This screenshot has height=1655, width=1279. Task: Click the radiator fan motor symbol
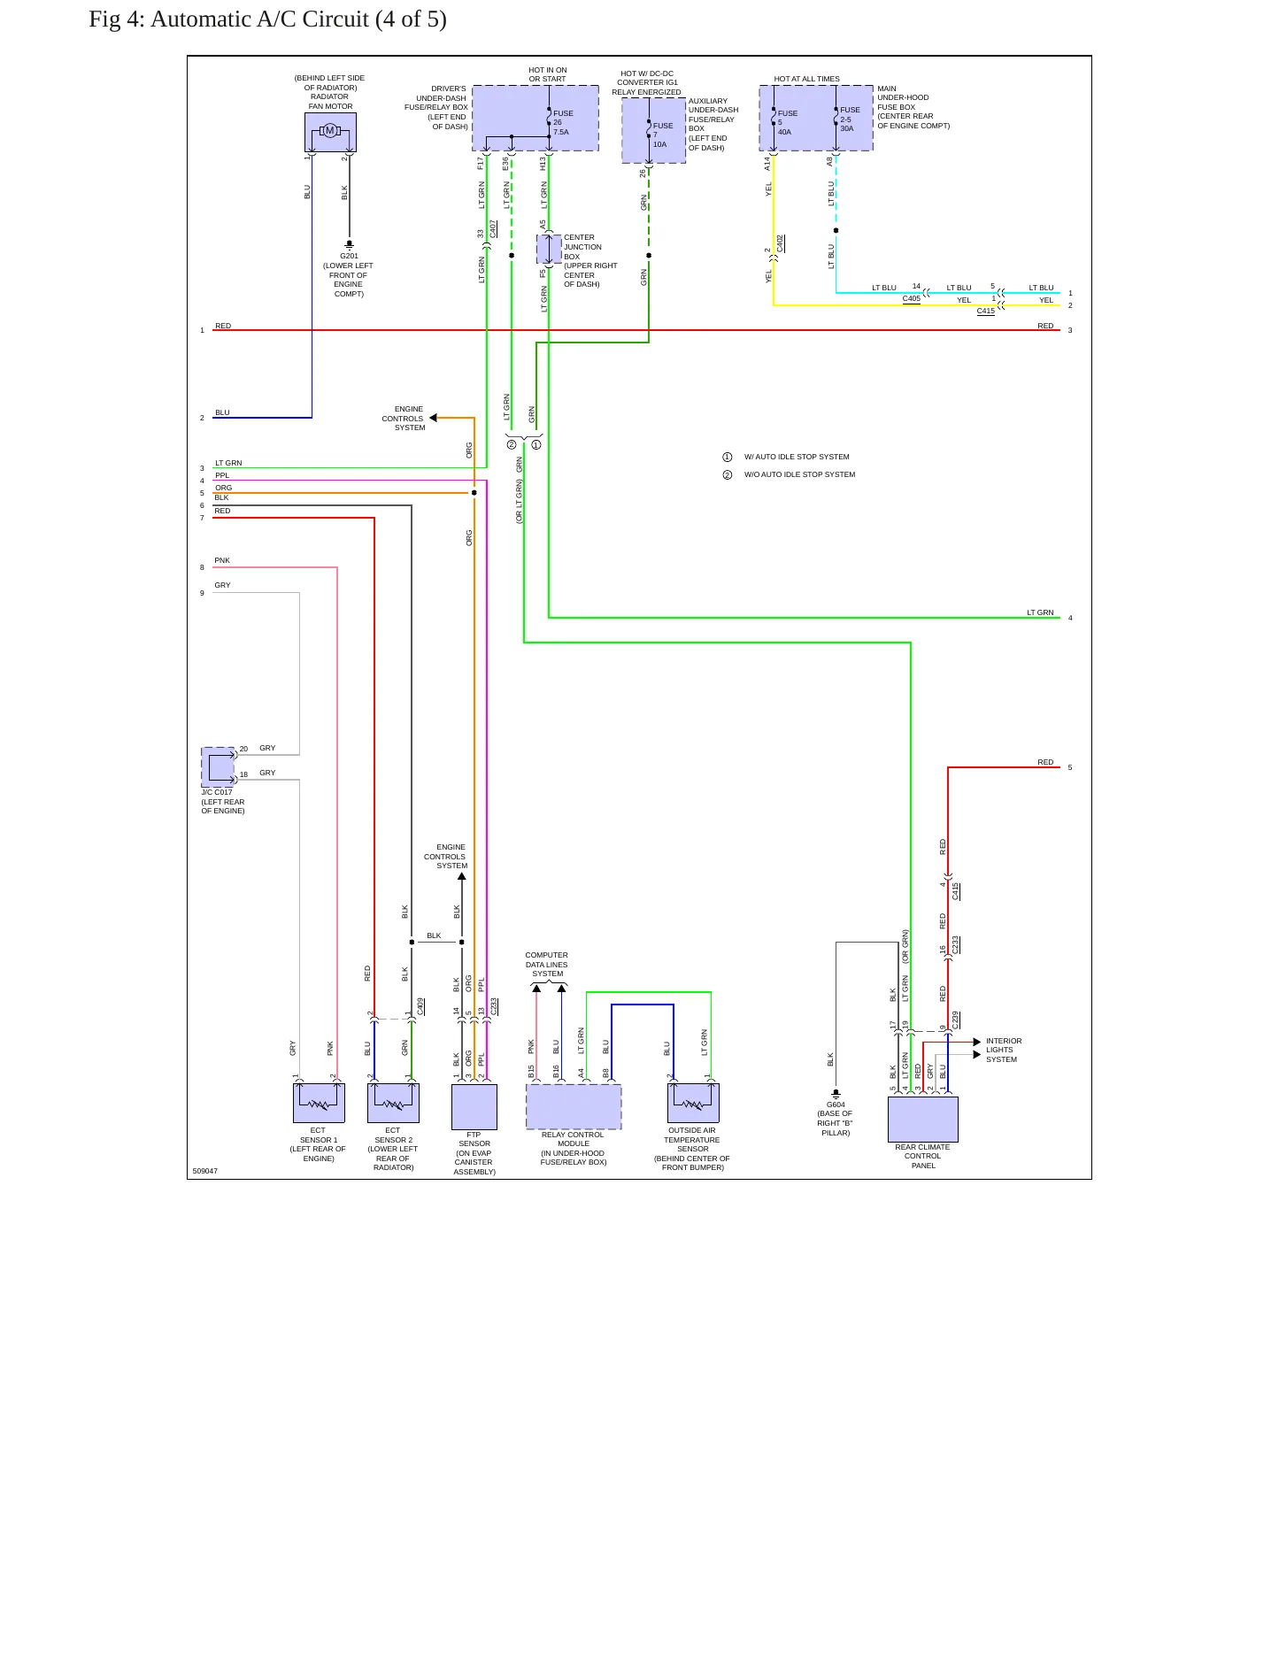click(x=330, y=132)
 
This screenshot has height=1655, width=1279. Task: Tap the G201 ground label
click(x=349, y=256)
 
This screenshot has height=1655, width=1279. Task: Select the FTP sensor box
click(x=474, y=1106)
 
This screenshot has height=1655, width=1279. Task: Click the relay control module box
click(x=574, y=1106)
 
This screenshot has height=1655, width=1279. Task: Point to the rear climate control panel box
click(x=923, y=1120)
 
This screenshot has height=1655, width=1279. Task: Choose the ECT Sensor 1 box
click(x=319, y=1103)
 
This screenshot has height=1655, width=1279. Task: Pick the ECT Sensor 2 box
click(x=393, y=1103)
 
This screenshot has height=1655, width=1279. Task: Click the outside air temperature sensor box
click(x=693, y=1103)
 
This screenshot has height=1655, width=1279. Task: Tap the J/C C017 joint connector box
click(x=219, y=767)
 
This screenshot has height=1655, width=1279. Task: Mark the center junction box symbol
click(x=549, y=250)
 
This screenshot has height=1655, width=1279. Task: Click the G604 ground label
click(x=836, y=1105)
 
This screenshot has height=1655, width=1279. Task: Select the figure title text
click(x=267, y=19)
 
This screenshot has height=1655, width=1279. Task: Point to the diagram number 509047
click(x=205, y=1171)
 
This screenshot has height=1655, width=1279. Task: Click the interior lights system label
click(x=1003, y=1051)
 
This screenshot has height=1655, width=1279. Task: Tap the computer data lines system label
click(x=547, y=965)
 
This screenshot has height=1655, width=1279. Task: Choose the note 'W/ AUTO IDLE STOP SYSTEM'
click(x=797, y=457)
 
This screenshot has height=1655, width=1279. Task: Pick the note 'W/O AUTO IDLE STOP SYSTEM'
click(x=799, y=474)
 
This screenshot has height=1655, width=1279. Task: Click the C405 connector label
click(x=912, y=298)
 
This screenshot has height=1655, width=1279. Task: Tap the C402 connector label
click(x=780, y=243)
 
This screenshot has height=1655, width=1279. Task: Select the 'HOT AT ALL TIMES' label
click(x=806, y=79)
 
